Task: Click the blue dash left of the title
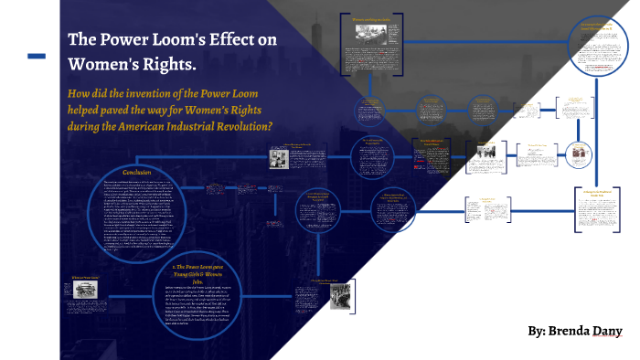pyautogui.click(x=37, y=57)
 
